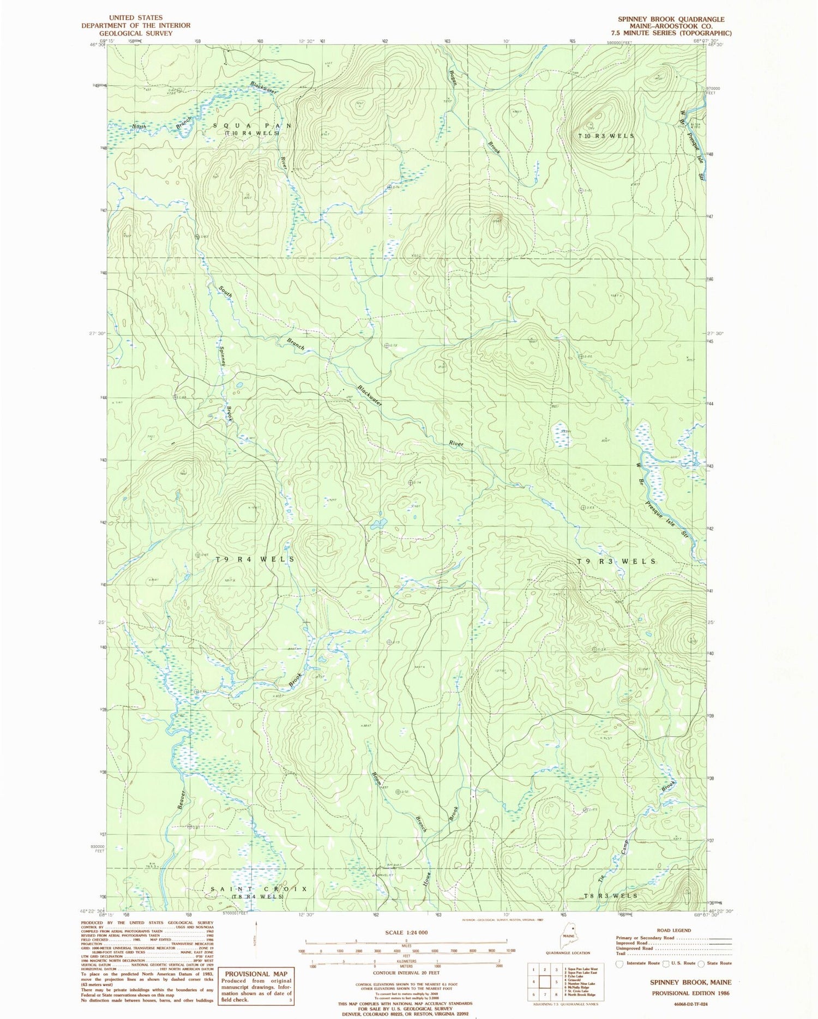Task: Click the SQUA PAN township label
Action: point(251,126)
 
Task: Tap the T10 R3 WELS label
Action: point(606,136)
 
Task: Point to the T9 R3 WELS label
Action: point(616,561)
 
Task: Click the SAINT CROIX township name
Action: point(259,889)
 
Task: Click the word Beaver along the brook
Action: point(183,799)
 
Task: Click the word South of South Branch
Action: point(226,291)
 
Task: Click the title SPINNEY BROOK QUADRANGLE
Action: point(671,19)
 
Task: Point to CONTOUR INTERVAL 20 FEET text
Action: point(406,973)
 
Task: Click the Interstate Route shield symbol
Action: point(619,963)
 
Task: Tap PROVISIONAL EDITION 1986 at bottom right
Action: point(691,993)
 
